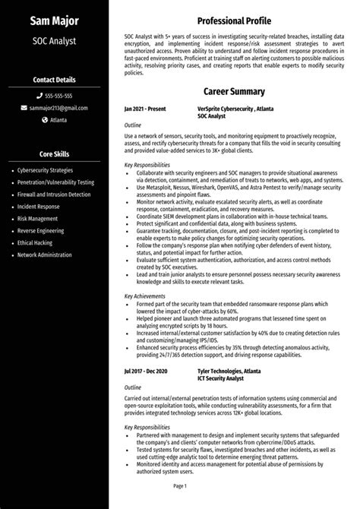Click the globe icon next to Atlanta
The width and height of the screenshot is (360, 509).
tap(45, 120)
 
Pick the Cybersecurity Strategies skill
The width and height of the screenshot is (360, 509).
tap(45, 170)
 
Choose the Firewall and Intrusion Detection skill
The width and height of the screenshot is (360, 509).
tap(53, 194)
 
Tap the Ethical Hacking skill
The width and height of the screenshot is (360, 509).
tap(36, 242)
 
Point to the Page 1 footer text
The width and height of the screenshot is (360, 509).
tap(180, 485)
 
